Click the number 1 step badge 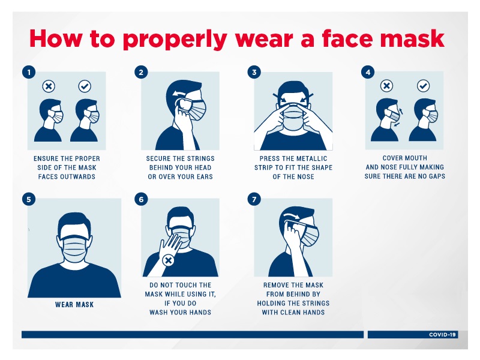click(29, 72)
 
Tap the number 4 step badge click(368, 72)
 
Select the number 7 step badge click(254, 199)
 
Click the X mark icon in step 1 click(49, 86)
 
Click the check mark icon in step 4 click(424, 86)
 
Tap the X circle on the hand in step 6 click(168, 260)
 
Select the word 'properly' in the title click(175, 40)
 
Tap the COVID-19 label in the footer click(442, 335)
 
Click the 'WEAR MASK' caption click(74, 305)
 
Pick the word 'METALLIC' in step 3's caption click(312, 158)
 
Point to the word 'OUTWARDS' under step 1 click(79, 176)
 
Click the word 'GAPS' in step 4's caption click(437, 176)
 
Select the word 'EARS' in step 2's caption click(205, 176)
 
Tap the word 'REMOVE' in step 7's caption click(275, 285)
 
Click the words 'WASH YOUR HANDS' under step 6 click(181, 312)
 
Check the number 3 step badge click(254, 72)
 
